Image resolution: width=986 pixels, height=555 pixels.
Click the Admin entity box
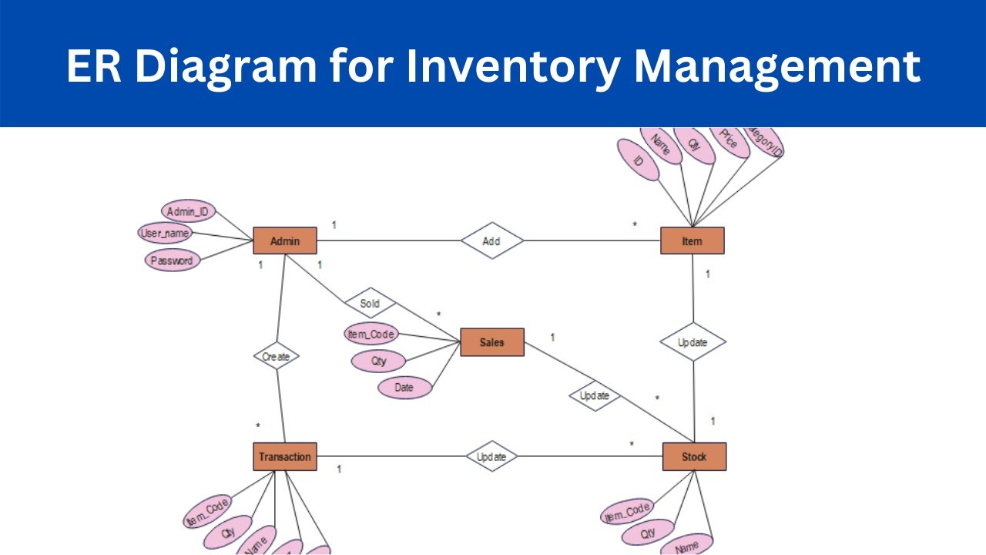[x=285, y=241]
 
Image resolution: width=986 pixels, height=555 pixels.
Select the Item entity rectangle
[x=692, y=241]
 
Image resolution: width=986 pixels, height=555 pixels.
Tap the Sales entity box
[x=491, y=342]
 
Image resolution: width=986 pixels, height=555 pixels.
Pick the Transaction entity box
[x=285, y=456]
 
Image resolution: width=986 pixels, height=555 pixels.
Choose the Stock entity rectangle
[x=694, y=456]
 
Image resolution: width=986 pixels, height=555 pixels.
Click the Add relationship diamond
[x=491, y=240]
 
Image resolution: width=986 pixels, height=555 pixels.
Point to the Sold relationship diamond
[x=370, y=303]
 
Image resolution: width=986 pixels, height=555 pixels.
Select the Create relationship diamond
[x=276, y=356]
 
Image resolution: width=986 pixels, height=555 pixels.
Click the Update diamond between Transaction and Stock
[x=491, y=456]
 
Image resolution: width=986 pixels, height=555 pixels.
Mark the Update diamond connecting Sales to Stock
[x=595, y=395]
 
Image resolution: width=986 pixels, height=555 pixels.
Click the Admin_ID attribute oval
[x=189, y=210]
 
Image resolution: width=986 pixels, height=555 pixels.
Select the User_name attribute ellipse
[x=165, y=232]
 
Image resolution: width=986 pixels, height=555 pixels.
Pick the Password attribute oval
[x=172, y=261]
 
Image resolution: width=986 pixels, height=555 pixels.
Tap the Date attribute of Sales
[x=404, y=388]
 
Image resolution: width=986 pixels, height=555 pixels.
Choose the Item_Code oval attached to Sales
[x=371, y=334]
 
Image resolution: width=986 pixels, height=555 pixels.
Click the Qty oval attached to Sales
[x=378, y=361]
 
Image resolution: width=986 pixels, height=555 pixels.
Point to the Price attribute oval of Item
[x=729, y=143]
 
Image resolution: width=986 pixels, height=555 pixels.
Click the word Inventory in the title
[x=511, y=66]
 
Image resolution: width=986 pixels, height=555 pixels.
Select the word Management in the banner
[x=777, y=66]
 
